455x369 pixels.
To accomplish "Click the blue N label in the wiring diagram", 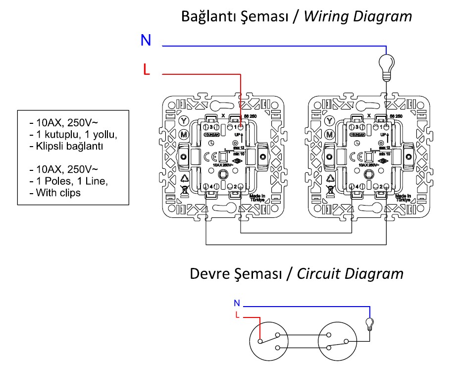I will coord(146,40).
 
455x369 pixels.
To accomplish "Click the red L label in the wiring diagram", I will coord(146,70).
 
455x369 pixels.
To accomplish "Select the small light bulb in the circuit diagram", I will coord(368,324).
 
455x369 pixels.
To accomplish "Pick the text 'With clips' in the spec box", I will coord(58,192).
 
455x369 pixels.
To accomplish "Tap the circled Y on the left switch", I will coord(184,120).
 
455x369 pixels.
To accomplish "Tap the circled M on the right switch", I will coord(329,134).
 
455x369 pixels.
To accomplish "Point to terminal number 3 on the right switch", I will coord(355,127).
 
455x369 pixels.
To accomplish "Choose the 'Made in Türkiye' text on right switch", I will coord(403,199).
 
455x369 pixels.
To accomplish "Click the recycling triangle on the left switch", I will coord(184,178).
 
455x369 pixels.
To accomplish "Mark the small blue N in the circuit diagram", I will coord(237,302).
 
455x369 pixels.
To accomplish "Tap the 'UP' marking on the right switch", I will coord(384,135).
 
